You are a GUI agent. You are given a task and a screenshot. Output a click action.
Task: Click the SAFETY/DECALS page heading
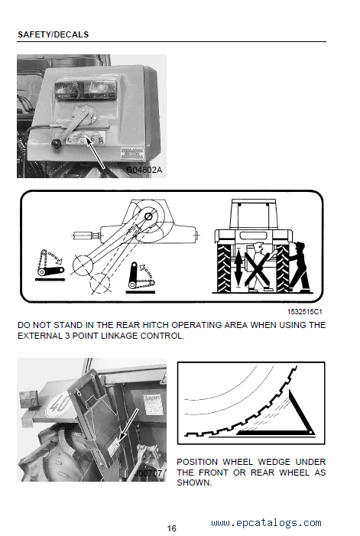point(53,34)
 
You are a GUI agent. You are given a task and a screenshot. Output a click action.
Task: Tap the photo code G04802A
point(144,170)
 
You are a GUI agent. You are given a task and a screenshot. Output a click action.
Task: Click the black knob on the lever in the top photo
point(56,144)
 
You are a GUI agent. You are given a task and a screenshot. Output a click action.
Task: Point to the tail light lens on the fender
point(86,90)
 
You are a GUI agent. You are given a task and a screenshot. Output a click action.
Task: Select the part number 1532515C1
point(304,312)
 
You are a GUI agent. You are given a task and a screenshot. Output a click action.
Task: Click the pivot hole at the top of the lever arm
point(148,216)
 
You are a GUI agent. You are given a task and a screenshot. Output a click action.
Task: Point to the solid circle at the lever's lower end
point(83,265)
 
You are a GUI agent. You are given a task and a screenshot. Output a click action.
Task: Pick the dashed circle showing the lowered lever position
point(99,283)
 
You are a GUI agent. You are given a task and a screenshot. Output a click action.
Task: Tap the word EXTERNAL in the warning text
point(40,336)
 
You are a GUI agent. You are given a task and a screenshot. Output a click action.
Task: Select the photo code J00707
point(148,473)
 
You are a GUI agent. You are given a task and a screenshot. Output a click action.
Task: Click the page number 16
point(172,528)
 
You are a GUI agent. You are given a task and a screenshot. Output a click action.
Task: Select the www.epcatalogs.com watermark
point(266,523)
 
